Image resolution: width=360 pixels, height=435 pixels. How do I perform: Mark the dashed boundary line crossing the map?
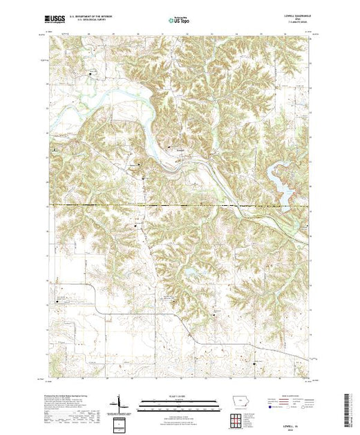pos(173,205)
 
